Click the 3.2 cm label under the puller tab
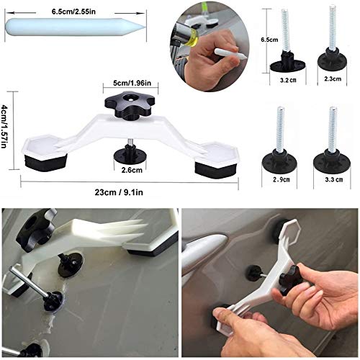point(287,81)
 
